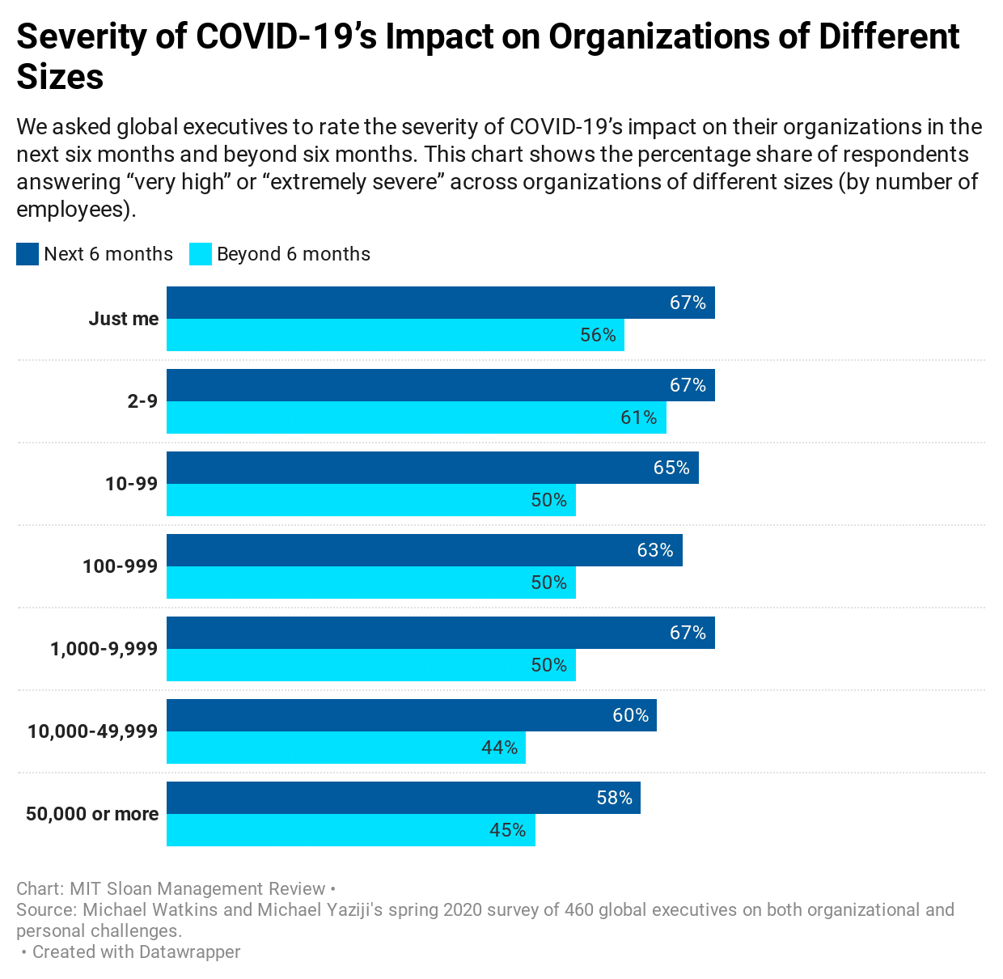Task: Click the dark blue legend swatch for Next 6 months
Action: tap(28, 254)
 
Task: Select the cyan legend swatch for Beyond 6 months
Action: tap(201, 254)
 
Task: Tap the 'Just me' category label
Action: tap(124, 319)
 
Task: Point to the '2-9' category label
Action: tap(142, 401)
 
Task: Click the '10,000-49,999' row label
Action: tap(92, 731)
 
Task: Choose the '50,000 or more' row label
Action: tap(92, 814)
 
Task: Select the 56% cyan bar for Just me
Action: tap(395, 335)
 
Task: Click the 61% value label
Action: tap(639, 417)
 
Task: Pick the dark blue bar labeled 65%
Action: tap(432, 468)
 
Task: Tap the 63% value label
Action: tap(655, 550)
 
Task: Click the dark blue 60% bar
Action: tap(411, 715)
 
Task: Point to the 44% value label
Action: tap(500, 748)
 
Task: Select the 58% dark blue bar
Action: tap(403, 798)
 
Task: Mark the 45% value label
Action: tap(508, 830)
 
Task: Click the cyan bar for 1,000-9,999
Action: tap(370, 665)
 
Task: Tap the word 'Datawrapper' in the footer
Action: tap(189, 951)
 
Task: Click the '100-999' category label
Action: tap(120, 566)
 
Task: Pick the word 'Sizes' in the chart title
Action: tap(61, 77)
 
